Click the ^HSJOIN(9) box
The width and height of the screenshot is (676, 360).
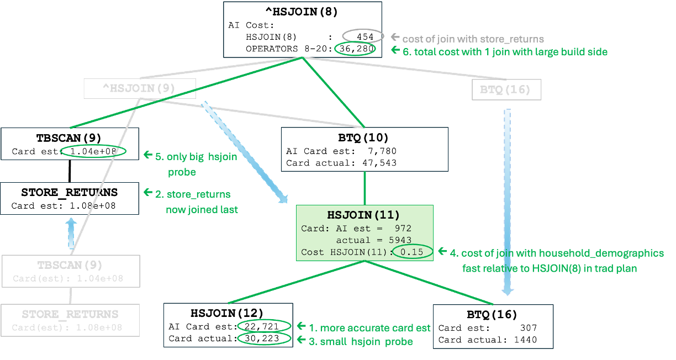[x=140, y=88]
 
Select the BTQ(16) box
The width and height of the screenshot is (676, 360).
[x=506, y=90]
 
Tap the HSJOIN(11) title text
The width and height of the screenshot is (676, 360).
[x=364, y=215]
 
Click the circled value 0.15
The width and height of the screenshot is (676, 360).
[x=412, y=252]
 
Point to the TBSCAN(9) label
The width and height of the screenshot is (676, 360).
[x=71, y=264]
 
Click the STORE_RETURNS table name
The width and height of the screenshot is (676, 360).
[x=70, y=314]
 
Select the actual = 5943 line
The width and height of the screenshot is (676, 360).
[x=373, y=240]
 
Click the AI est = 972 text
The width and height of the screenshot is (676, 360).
[x=373, y=228]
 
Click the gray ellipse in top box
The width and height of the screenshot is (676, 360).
[x=363, y=36]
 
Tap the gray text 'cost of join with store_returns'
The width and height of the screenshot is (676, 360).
[x=473, y=39]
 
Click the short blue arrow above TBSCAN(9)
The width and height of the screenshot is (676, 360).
[x=71, y=233]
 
